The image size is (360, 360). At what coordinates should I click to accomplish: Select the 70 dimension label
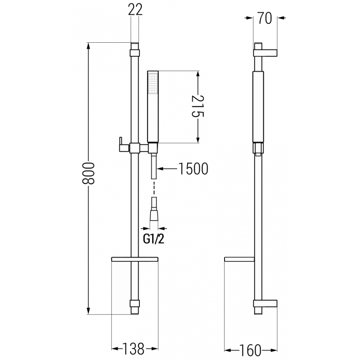[x=265, y=18]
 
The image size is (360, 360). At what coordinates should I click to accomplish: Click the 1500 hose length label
[x=193, y=169]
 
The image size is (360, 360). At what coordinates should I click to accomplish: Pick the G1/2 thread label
[x=153, y=239]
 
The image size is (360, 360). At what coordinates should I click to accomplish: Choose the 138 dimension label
[x=134, y=348]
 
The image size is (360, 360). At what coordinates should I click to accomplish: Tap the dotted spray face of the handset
[x=153, y=83]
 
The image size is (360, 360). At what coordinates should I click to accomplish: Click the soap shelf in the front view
[x=134, y=259]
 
